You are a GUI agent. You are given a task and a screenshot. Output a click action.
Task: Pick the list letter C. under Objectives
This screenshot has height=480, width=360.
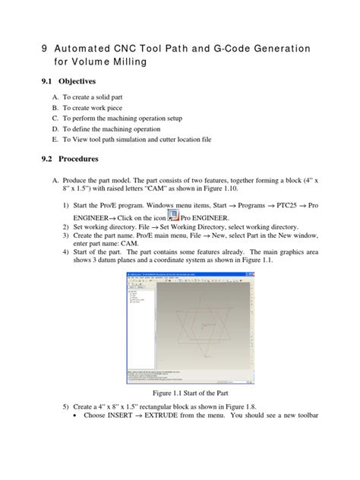coord(55,119)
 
